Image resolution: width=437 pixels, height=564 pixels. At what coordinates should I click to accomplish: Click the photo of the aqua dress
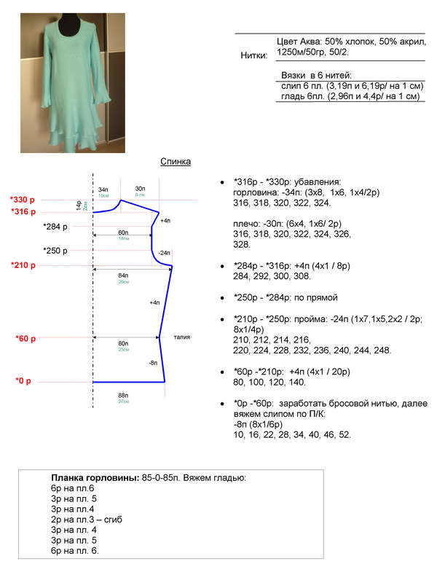tap(72, 83)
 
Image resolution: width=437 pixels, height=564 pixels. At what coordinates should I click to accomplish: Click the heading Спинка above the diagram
tap(176, 162)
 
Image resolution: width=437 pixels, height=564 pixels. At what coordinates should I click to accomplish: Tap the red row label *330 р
tap(23, 200)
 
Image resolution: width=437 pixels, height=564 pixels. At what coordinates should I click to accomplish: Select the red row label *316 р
tap(23, 211)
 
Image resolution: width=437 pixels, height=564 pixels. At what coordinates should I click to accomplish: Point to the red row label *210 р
tap(23, 265)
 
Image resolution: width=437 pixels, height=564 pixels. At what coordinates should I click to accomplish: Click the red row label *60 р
tap(25, 338)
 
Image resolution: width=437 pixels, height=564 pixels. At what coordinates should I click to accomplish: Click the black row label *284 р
tap(55, 226)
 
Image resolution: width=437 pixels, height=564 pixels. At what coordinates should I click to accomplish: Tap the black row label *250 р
tap(55, 251)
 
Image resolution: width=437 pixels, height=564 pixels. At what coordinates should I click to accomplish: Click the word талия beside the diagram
tap(182, 337)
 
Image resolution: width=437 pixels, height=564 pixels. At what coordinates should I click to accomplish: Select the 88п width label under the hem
tap(123, 395)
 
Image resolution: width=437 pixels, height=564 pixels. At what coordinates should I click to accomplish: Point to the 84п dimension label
tap(123, 275)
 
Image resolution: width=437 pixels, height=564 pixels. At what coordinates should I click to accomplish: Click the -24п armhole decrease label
tap(164, 253)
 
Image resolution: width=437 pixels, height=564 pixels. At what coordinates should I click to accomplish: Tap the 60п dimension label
tap(123, 232)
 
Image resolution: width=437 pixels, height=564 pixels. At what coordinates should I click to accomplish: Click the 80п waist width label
tap(123, 343)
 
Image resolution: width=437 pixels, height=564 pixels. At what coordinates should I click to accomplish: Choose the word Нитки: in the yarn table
tap(253, 55)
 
